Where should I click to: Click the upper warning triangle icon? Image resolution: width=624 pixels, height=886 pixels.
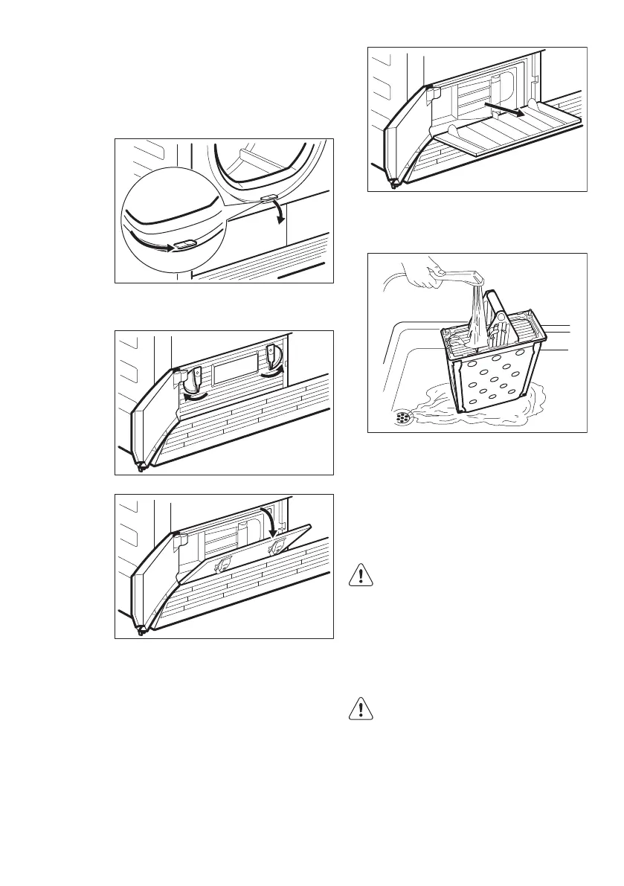(x=360, y=577)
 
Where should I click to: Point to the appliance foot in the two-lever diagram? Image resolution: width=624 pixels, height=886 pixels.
(x=140, y=467)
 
